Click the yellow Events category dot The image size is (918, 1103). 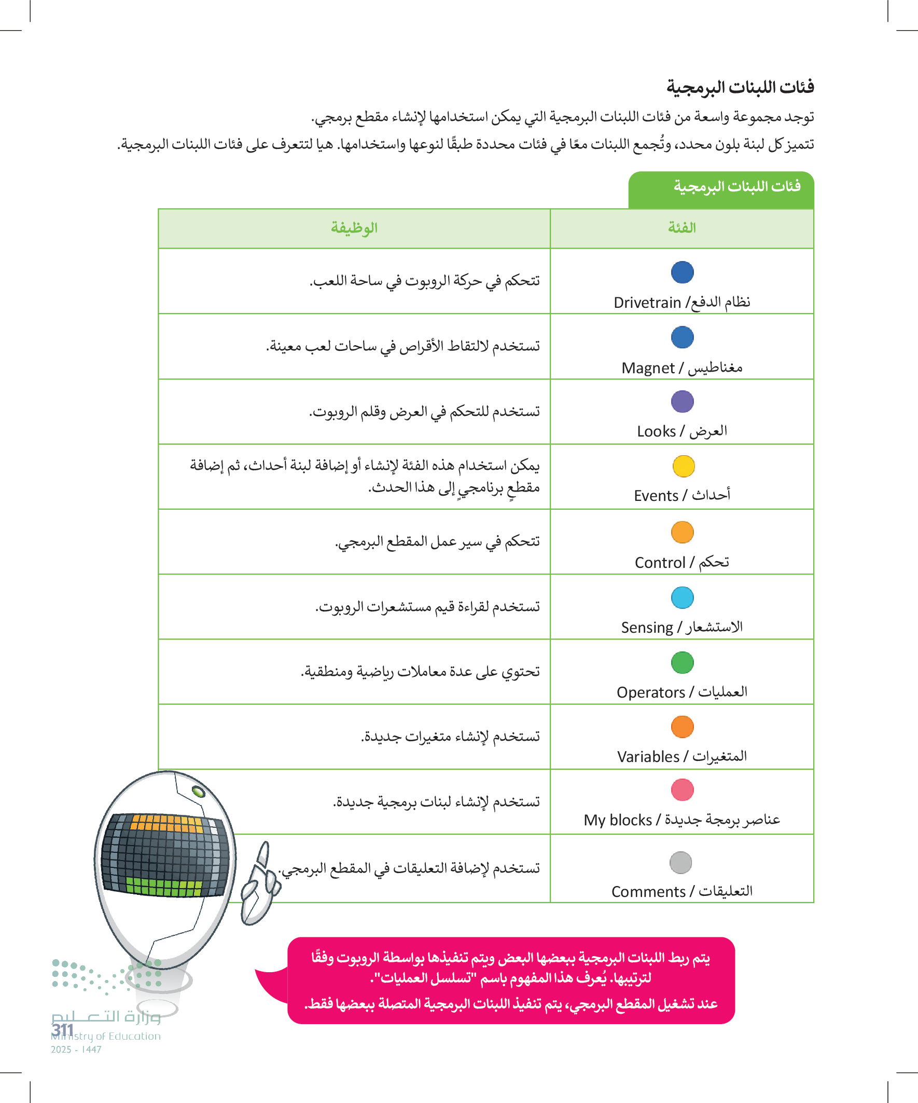point(684,466)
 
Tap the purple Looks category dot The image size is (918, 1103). point(683,401)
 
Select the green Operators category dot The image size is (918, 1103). point(683,662)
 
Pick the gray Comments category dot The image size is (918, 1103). point(681,863)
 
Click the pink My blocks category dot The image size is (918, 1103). point(683,789)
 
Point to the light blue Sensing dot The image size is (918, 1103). point(683,597)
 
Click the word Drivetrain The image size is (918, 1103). point(647,303)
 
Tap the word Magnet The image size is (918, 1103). point(648,368)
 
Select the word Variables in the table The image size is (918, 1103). point(648,757)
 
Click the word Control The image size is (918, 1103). point(660,563)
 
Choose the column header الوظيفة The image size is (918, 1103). point(354,228)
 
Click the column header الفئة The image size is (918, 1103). point(682,228)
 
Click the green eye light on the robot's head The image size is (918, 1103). point(199,791)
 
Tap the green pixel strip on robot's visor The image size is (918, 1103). point(163,888)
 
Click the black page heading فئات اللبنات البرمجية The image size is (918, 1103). point(740,87)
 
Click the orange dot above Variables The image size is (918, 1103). point(683,727)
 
